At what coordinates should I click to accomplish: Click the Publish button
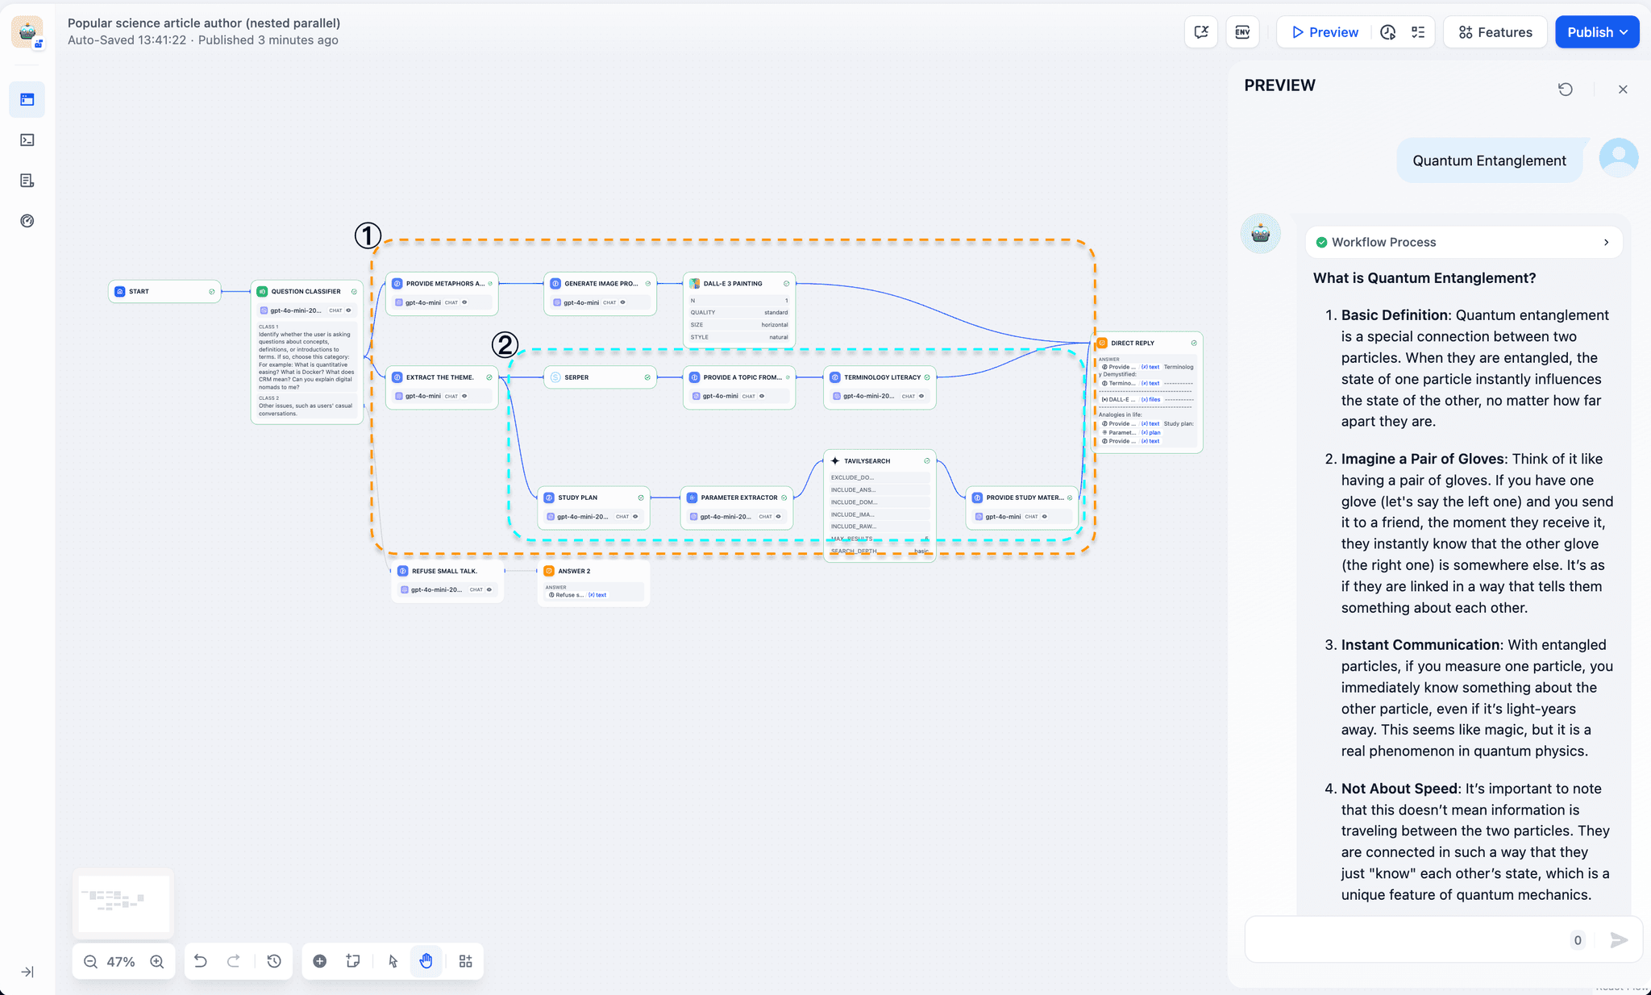point(1595,32)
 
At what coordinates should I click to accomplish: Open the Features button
point(1495,32)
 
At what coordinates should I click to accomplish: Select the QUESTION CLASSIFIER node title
point(306,291)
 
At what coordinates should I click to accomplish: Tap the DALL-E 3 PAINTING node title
point(732,284)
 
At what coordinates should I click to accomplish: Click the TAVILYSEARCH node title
point(867,461)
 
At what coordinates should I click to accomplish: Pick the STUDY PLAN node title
point(577,497)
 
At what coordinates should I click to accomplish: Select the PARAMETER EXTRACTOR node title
point(738,497)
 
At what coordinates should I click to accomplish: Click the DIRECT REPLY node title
point(1132,343)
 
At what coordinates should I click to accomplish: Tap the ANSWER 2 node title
point(574,571)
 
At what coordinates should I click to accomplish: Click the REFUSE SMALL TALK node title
point(444,571)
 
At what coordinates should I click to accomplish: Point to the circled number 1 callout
point(368,235)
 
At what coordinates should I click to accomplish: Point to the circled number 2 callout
point(505,345)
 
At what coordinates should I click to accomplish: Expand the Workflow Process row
point(1463,242)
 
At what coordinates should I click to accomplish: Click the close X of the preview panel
point(1623,90)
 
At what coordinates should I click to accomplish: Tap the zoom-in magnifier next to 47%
point(157,961)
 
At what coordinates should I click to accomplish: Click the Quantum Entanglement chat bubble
point(1489,160)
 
